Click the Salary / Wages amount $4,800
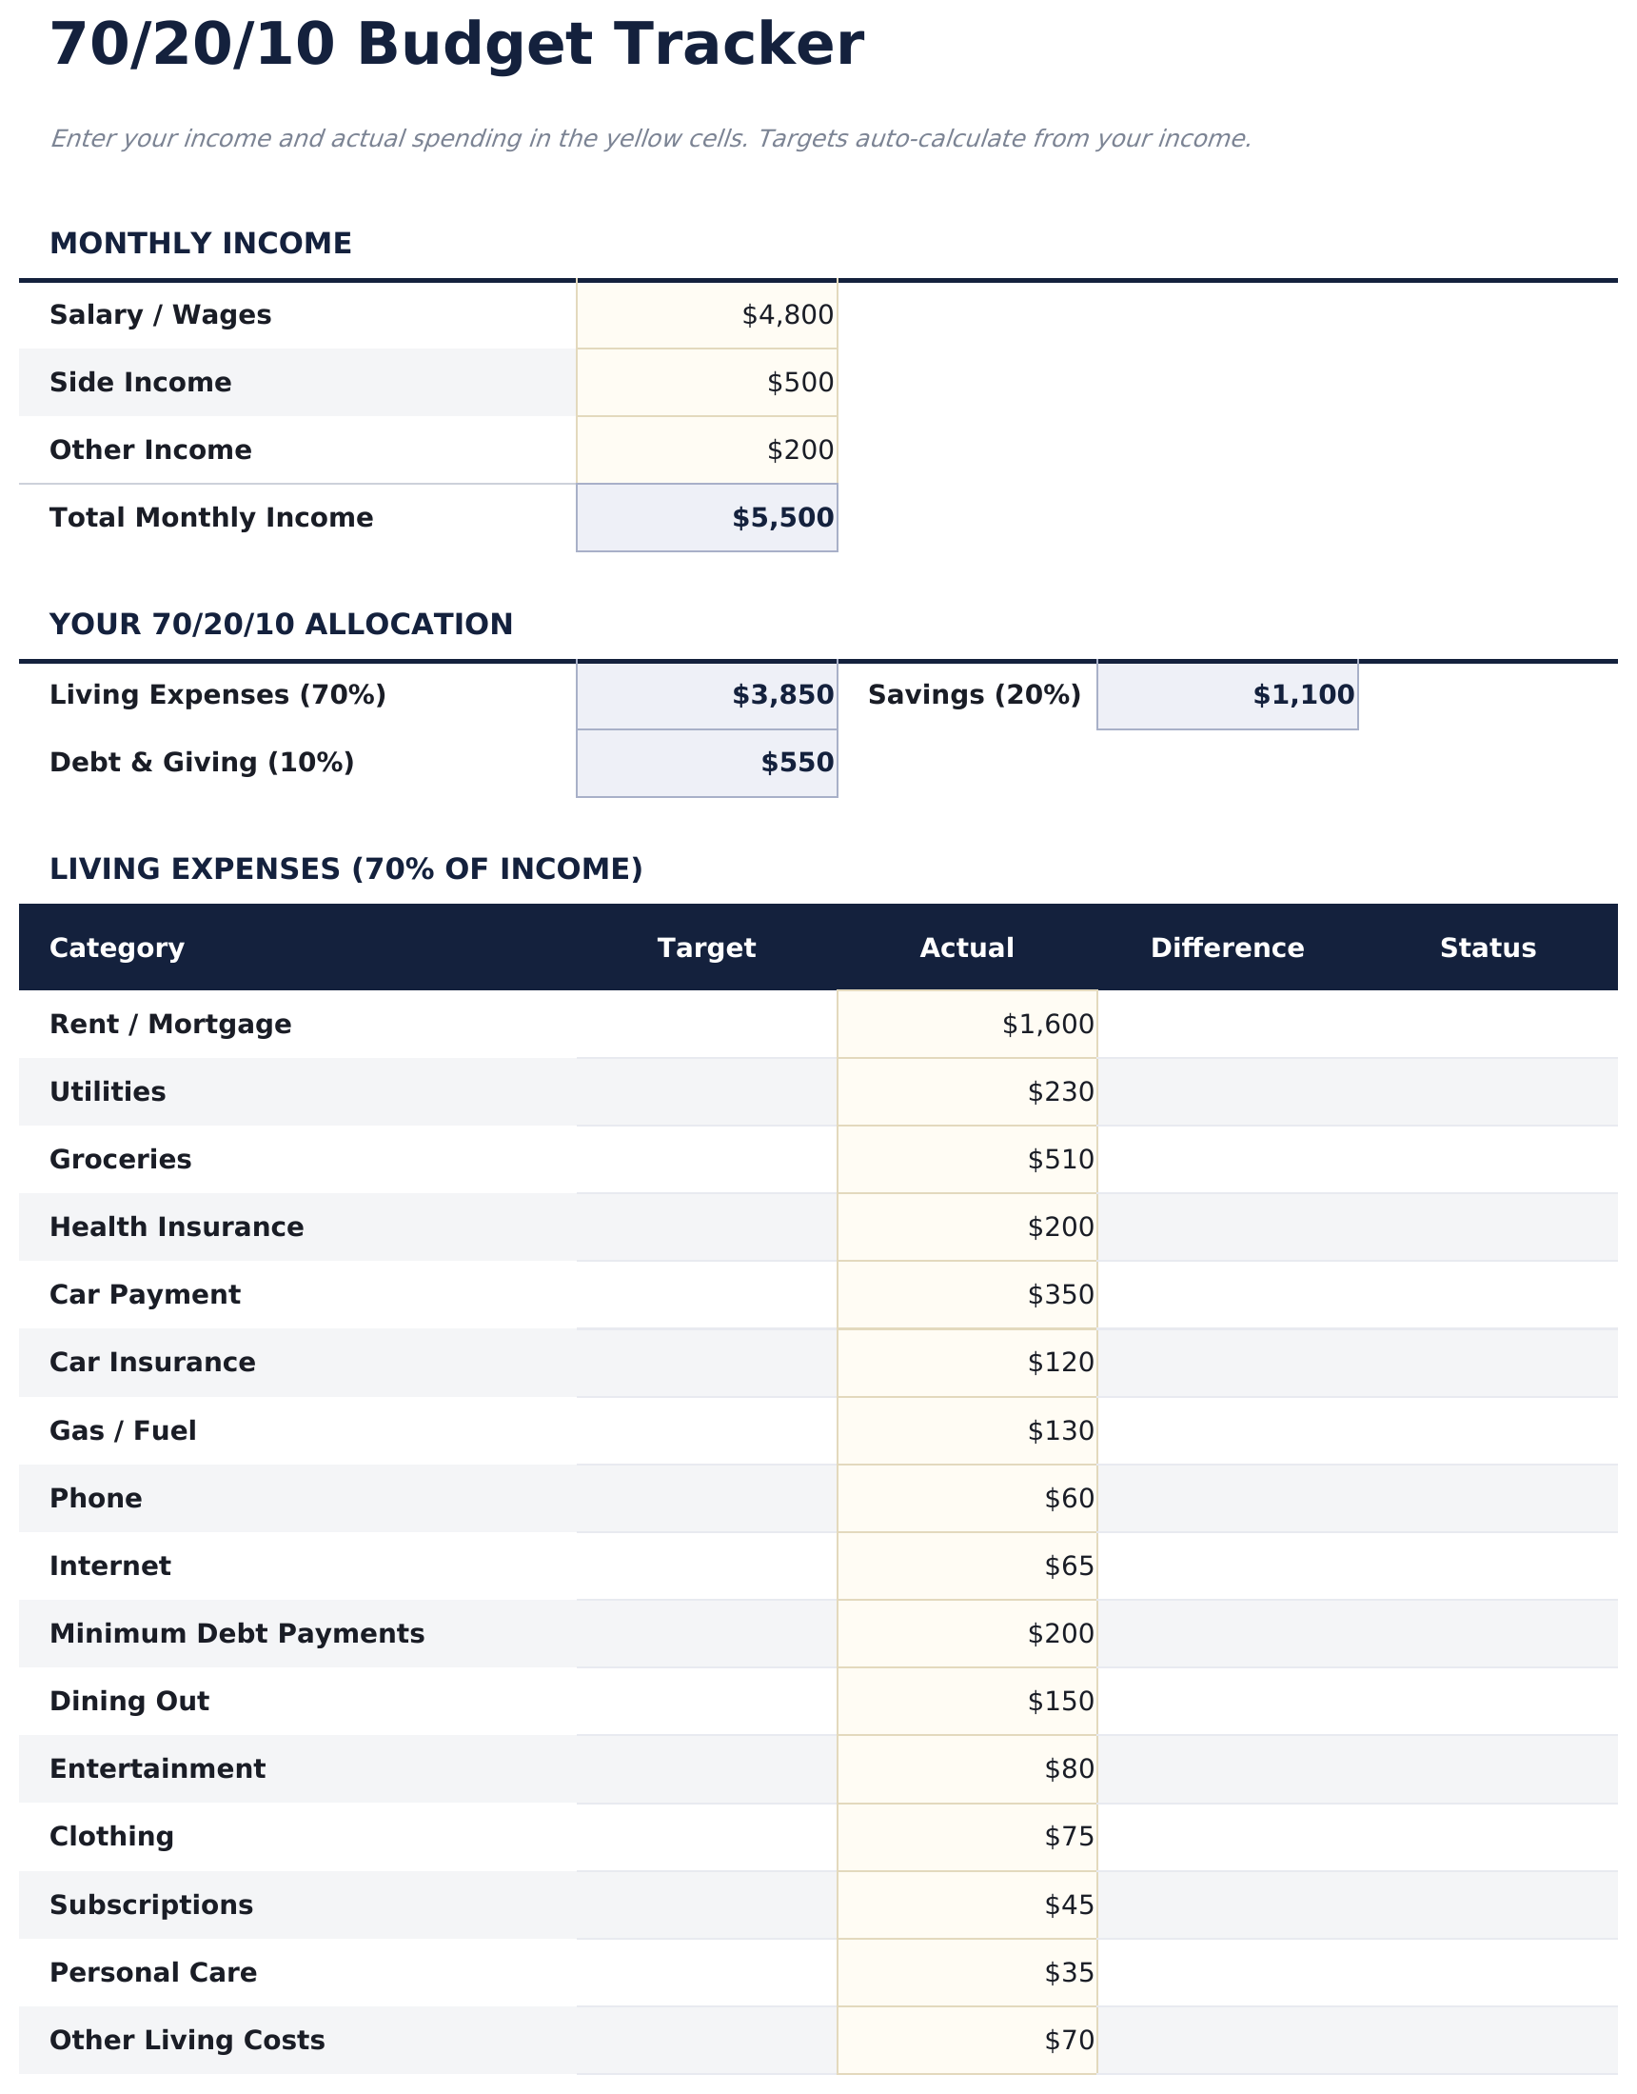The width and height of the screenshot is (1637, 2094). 787,314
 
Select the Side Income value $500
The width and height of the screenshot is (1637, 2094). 799,383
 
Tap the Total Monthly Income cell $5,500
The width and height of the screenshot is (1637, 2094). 782,518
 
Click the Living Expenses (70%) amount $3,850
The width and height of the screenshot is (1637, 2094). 782,695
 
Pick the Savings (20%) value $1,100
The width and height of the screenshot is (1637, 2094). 1303,695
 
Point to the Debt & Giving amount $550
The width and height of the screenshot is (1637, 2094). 797,762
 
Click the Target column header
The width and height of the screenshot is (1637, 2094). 706,948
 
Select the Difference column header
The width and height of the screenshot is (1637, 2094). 1227,948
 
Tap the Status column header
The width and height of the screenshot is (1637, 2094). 1488,948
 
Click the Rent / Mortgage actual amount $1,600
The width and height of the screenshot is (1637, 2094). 1047,1024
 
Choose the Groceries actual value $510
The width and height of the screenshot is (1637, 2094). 1060,1159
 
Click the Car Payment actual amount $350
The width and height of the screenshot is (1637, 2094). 1060,1294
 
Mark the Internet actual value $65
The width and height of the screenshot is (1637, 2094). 1069,1566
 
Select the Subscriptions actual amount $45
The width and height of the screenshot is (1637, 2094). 1069,1905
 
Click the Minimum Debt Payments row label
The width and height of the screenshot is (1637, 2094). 237,1633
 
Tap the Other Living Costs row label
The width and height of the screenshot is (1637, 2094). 187,2040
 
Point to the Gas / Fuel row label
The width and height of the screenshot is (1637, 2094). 123,1430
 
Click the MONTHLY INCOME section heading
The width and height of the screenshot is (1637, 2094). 200,244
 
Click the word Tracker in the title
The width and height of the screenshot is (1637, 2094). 727,45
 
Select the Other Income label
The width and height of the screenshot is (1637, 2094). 150,449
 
